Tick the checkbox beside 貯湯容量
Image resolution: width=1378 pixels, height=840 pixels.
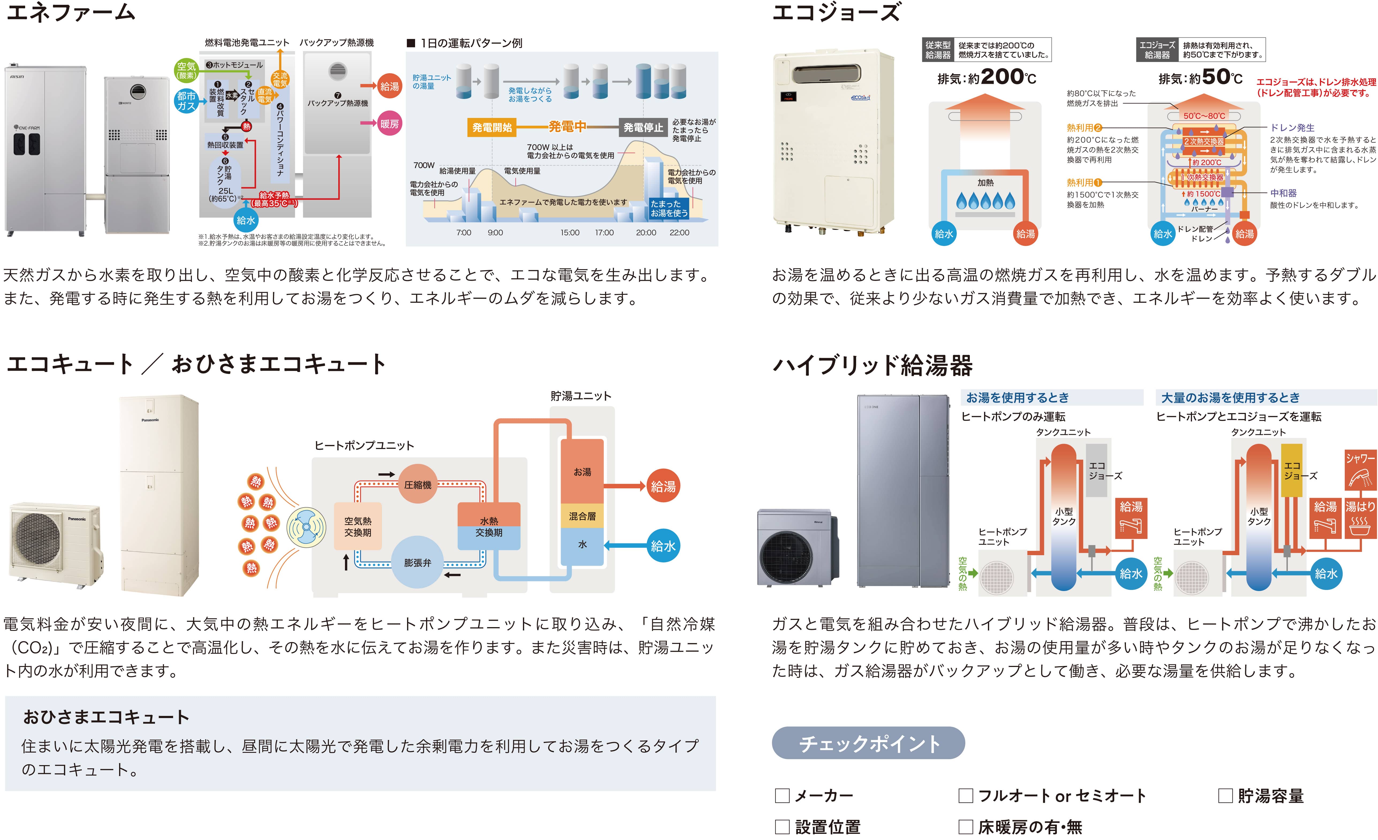tap(1225, 795)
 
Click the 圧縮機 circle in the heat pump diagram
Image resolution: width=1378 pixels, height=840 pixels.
tap(418, 484)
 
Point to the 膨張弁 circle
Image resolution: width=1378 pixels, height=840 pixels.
tap(418, 562)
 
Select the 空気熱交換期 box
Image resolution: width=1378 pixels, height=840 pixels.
tap(358, 526)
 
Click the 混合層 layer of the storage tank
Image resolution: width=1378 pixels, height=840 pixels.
tap(582, 516)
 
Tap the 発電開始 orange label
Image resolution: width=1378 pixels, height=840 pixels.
tap(492, 127)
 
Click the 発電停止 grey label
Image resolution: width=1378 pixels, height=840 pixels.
tap(643, 127)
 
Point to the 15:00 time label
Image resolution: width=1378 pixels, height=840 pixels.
tap(570, 232)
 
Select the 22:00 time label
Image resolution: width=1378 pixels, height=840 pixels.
tap(679, 232)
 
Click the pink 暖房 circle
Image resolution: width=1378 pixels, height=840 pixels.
tap(390, 124)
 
